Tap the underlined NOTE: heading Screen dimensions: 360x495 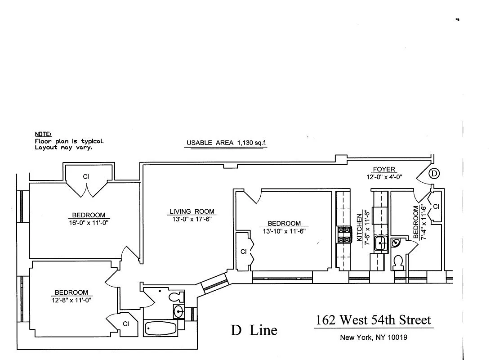(43, 134)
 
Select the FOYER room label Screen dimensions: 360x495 (384, 170)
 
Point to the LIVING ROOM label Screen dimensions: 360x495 (192, 211)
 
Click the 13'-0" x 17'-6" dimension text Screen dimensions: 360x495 (192, 219)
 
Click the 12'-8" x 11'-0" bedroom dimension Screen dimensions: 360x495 (71, 300)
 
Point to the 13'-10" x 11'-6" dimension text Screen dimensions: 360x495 (284, 231)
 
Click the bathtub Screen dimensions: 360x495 (161, 328)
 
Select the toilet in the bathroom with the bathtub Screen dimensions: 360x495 (177, 297)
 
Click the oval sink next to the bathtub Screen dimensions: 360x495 (179, 310)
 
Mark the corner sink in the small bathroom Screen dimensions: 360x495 (396, 243)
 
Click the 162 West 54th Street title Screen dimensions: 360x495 (373, 320)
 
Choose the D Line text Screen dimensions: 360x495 (254, 331)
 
